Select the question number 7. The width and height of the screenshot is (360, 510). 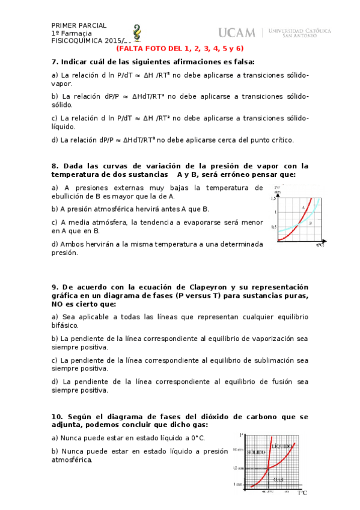[x=54, y=61]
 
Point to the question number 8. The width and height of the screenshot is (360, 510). [x=54, y=165]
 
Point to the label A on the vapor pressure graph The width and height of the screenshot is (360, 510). [x=303, y=207]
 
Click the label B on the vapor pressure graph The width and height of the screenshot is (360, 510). [x=310, y=223]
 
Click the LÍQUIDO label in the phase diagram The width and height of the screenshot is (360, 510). [x=281, y=447]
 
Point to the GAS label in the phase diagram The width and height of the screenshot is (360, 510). [x=277, y=479]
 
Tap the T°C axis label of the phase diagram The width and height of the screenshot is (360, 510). [x=302, y=493]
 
